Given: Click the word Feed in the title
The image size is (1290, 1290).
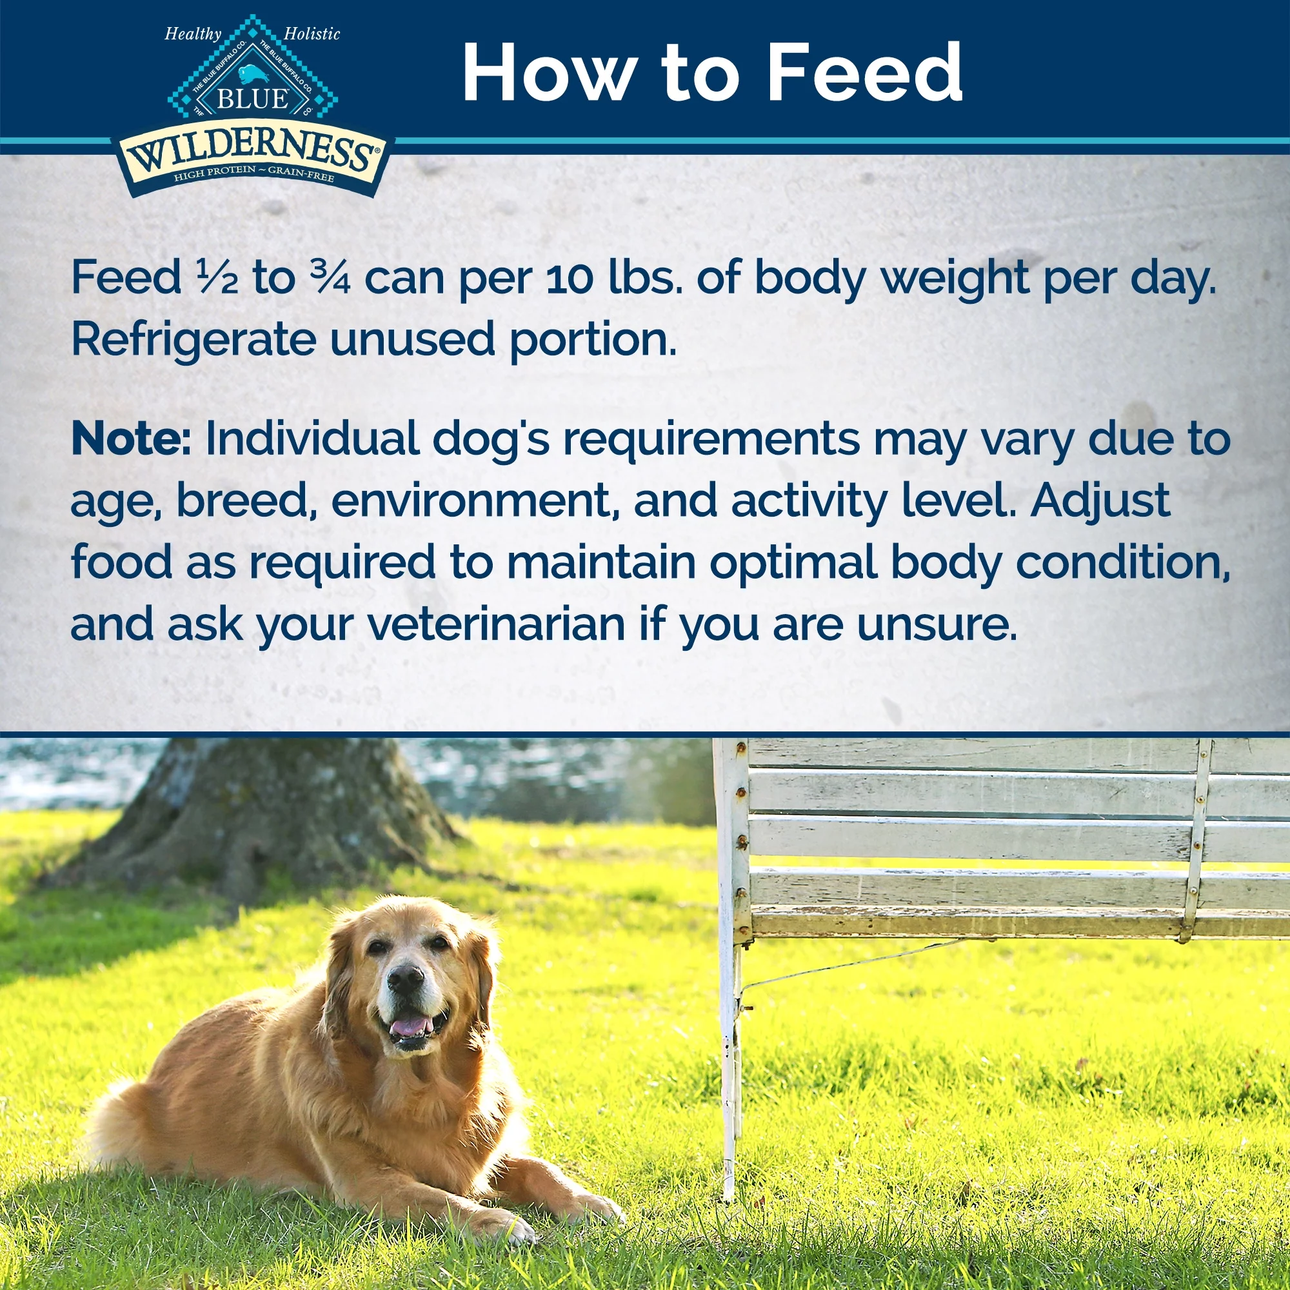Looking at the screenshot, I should click(x=864, y=72).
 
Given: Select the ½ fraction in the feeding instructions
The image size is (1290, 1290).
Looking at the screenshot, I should click(x=217, y=278).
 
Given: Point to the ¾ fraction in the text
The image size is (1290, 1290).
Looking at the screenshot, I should click(x=330, y=278).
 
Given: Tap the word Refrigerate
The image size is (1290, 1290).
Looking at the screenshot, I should click(x=193, y=339).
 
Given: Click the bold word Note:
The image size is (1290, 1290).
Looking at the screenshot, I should click(x=131, y=439).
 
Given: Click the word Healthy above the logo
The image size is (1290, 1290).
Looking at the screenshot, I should click(x=193, y=34).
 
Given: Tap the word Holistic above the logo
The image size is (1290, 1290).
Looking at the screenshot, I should click(x=312, y=34).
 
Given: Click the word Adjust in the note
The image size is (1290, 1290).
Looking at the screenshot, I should click(x=1100, y=501).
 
